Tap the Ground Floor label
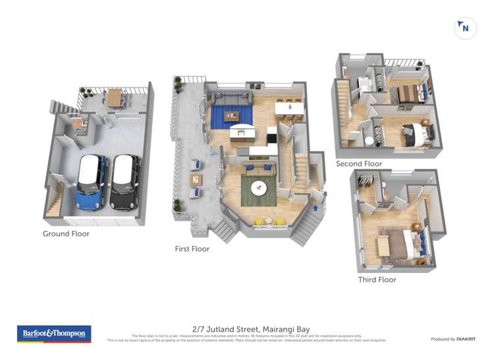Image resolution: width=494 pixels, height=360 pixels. (66, 234)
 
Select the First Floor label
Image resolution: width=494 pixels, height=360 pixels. (192, 249)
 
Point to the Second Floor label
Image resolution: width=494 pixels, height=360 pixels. (359, 163)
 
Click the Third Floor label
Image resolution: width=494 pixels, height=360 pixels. (377, 280)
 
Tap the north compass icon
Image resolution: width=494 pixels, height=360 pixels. (465, 28)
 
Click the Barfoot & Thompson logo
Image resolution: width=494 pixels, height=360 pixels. (53, 334)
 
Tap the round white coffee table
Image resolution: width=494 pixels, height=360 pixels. (259, 188)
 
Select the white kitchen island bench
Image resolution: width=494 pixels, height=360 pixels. (241, 133)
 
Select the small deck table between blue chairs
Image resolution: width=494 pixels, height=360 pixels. (196, 178)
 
